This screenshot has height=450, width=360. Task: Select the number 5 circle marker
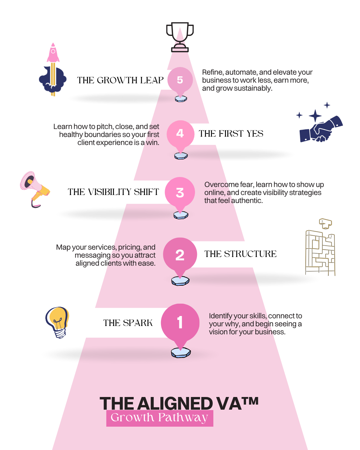point(180,80)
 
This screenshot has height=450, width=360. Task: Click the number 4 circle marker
point(180,133)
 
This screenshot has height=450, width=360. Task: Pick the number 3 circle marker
point(180,192)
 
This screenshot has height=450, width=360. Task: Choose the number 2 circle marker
point(180,255)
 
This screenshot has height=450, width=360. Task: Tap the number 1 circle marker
point(180,322)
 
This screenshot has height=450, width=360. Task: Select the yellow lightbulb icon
point(58,322)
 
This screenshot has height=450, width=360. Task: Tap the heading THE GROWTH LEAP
point(120,80)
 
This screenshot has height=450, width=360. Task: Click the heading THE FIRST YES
point(231,134)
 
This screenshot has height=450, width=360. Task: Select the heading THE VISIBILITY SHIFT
point(113,192)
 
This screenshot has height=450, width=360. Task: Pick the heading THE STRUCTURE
point(240,254)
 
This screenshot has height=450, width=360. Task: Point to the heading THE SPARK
point(128,323)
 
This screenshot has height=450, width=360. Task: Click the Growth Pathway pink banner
point(160,418)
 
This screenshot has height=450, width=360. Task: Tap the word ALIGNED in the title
point(175,404)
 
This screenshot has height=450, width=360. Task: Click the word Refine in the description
point(212,72)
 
